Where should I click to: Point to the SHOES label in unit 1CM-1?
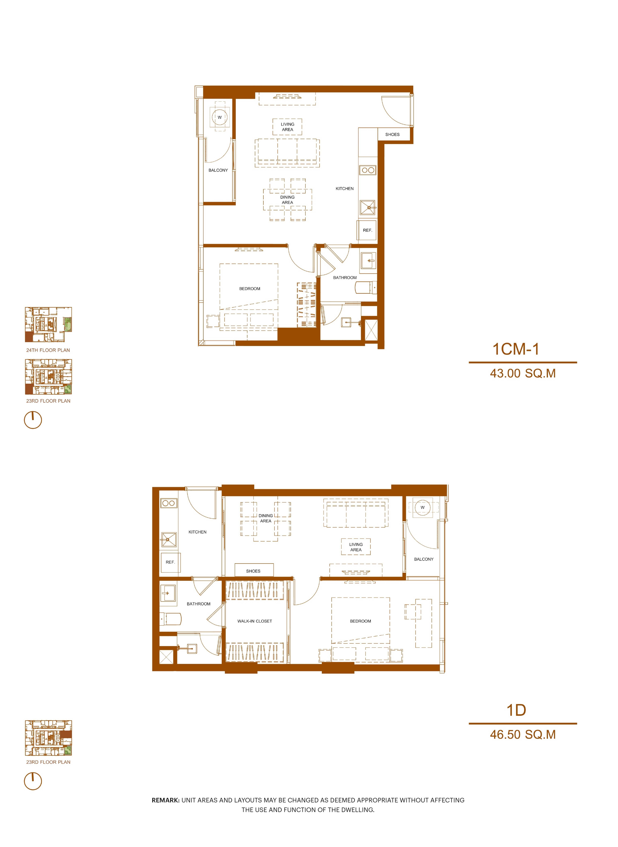(392, 135)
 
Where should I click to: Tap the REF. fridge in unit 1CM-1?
(367, 230)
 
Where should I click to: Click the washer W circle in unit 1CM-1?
(220, 117)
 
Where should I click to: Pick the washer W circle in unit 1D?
(422, 507)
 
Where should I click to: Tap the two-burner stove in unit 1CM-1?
(368, 170)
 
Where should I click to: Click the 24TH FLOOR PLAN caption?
(48, 350)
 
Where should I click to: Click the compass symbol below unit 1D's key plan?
(33, 781)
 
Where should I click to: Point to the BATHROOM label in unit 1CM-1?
(345, 278)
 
